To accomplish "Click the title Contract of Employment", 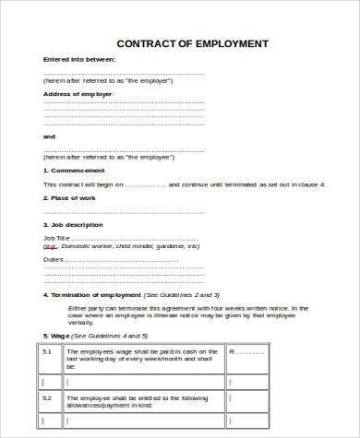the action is (x=193, y=43).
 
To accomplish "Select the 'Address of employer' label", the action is (x=78, y=94).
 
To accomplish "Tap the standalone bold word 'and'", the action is (x=49, y=136).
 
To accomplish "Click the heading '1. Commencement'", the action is (x=75, y=171).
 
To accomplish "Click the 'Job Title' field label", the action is (x=56, y=238).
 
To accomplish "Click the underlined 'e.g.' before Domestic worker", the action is (x=50, y=247).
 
